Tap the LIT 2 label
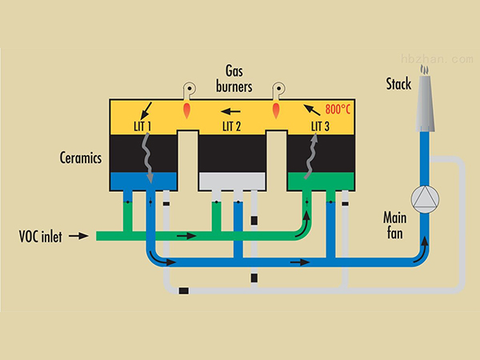[232, 126]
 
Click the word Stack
[398, 84]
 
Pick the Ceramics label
[80, 158]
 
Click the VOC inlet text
[42, 236]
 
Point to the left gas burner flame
[187, 106]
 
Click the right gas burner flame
[277, 106]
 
